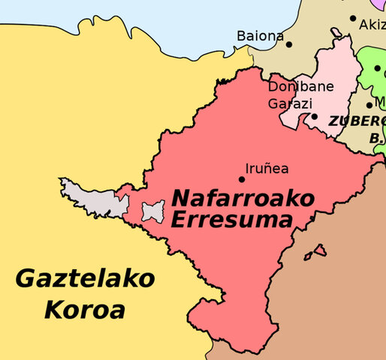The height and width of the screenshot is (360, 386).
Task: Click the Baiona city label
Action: [260, 35]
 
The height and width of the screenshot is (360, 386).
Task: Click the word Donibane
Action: [300, 87]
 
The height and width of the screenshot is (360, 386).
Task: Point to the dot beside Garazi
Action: [314, 116]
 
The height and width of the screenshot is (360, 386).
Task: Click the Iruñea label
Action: [267, 169]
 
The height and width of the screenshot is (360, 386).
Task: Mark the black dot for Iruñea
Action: [242, 178]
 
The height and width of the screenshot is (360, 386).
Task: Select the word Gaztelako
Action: [85, 280]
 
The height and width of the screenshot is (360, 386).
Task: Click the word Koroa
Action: [84, 309]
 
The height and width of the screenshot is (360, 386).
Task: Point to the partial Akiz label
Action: [372, 25]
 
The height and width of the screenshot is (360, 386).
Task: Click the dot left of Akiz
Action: [353, 18]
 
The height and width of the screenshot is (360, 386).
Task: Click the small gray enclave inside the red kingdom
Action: [153, 211]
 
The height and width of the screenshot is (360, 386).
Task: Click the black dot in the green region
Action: [377, 68]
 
